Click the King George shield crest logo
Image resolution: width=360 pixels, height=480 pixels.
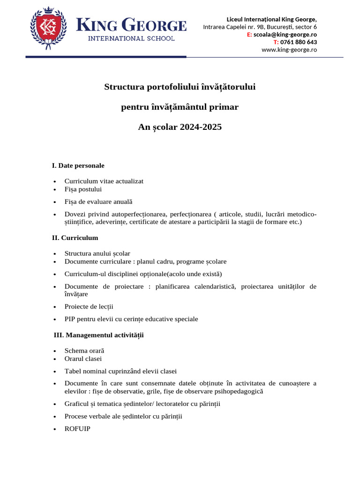click(x=48, y=28)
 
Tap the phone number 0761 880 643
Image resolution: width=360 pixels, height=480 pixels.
click(x=298, y=42)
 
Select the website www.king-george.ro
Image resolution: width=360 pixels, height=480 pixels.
click(x=289, y=49)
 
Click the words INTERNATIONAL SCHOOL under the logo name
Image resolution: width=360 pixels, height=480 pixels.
click(x=131, y=38)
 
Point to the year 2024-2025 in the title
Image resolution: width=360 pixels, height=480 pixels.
click(x=200, y=127)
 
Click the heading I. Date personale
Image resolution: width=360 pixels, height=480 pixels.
click(x=78, y=165)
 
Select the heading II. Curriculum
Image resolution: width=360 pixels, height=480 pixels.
click(x=75, y=238)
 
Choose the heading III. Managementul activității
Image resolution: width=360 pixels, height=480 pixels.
click(x=99, y=335)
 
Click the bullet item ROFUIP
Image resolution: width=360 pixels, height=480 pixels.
click(x=77, y=428)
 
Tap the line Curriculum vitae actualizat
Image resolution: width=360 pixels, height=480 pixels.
click(x=104, y=181)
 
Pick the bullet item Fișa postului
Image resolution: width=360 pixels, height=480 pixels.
click(x=83, y=189)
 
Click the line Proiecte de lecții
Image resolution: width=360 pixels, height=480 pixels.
click(x=89, y=307)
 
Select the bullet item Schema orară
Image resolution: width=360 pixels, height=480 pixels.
click(x=84, y=350)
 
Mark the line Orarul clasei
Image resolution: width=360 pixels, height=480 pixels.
click(x=83, y=359)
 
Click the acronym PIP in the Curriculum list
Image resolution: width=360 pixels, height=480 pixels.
click(x=70, y=319)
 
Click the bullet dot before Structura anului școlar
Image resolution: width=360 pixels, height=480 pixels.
click(x=55, y=254)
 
